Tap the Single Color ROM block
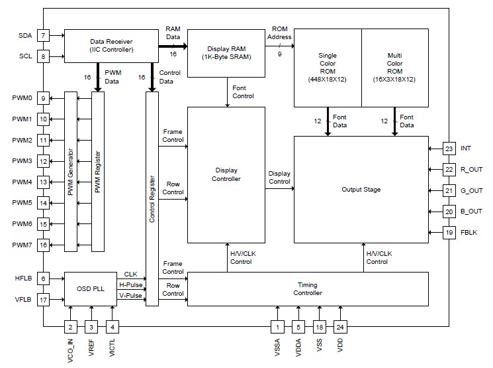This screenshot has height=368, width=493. (x=327, y=68)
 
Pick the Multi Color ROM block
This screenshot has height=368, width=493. (x=394, y=68)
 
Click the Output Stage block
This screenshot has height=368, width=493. (x=361, y=190)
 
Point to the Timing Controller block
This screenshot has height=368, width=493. (x=308, y=288)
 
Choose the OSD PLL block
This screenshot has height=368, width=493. (x=90, y=288)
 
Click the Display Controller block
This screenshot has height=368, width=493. (x=226, y=174)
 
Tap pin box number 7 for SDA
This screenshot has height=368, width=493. (x=43, y=35)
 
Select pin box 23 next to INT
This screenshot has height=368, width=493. (x=450, y=149)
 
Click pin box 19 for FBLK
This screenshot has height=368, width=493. (x=450, y=232)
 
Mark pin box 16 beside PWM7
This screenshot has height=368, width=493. (x=43, y=245)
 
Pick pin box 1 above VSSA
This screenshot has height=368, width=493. (x=279, y=326)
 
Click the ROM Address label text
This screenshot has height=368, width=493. (x=279, y=33)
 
